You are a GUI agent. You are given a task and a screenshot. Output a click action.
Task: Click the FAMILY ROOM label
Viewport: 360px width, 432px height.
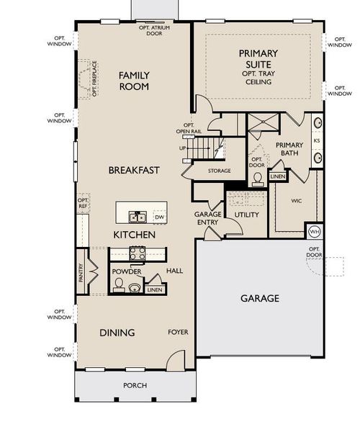click(x=134, y=81)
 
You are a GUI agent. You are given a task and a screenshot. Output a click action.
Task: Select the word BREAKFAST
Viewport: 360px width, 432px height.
click(x=134, y=170)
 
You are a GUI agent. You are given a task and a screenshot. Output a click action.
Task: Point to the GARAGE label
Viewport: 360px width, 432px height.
click(x=259, y=298)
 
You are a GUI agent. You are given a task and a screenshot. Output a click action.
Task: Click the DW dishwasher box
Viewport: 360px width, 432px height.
click(x=158, y=216)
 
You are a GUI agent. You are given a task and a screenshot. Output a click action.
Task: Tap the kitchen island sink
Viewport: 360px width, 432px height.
click(x=135, y=216)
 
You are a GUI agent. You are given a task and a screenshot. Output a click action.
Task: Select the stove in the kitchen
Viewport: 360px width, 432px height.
click(x=138, y=253)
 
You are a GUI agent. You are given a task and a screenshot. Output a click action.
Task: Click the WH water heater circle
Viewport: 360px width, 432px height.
click(x=314, y=232)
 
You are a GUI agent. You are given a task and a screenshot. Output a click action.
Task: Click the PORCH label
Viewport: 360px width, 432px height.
click(x=134, y=386)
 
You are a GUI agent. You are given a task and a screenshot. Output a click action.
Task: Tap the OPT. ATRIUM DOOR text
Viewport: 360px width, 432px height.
click(x=154, y=30)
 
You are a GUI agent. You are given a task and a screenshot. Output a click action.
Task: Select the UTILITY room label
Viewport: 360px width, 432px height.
click(x=246, y=215)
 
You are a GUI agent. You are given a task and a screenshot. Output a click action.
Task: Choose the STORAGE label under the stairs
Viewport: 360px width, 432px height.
click(x=219, y=171)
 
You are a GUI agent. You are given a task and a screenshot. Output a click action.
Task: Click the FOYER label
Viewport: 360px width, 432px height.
click(x=178, y=332)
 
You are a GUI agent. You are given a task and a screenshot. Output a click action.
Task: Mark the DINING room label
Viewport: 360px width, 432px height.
click(x=117, y=332)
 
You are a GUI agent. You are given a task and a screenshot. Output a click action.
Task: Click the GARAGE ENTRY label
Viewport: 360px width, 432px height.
click(x=207, y=218)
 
